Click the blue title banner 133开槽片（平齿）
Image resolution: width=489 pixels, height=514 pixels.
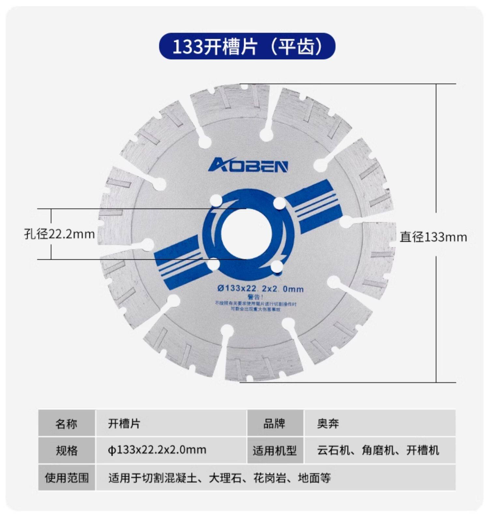(247, 46)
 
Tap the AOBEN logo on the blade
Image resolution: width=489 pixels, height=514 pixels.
(248, 165)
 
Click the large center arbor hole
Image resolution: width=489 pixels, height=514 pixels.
(246, 233)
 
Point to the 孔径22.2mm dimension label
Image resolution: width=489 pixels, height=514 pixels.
(59, 234)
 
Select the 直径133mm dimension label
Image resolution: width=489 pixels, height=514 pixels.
(433, 237)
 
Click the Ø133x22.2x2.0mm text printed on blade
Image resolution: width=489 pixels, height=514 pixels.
(260, 288)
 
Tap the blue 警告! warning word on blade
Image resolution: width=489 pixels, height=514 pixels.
(255, 297)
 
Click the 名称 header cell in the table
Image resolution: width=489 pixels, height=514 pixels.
(67, 423)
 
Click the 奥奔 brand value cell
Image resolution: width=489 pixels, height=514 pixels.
(328, 423)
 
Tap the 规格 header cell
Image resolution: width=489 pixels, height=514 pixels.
(67, 450)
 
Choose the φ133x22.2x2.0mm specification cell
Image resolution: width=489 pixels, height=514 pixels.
(157, 450)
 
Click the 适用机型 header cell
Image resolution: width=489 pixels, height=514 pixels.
(274, 450)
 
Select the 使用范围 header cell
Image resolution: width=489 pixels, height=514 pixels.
(67, 478)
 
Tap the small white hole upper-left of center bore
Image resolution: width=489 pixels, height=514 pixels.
(215, 200)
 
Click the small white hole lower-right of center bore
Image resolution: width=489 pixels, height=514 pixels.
(277, 267)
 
